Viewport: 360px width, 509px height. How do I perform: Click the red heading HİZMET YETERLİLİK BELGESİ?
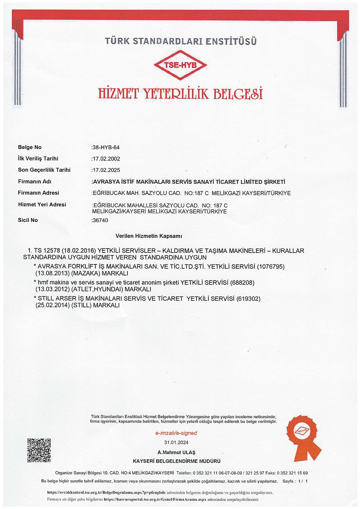[x=180, y=94]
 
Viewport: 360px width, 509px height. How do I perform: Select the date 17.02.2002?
[x=106, y=159]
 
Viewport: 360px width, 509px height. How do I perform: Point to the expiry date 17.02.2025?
[x=106, y=170]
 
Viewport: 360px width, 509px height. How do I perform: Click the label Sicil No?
[x=28, y=220]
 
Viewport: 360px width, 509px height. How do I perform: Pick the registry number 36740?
[x=100, y=220]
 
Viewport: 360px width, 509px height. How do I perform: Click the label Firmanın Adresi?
[x=39, y=193]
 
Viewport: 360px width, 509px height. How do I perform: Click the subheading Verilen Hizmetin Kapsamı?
[x=149, y=236]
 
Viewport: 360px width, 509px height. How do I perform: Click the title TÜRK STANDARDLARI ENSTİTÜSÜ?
[x=180, y=42]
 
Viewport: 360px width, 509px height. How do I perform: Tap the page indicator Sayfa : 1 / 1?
[x=295, y=481]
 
